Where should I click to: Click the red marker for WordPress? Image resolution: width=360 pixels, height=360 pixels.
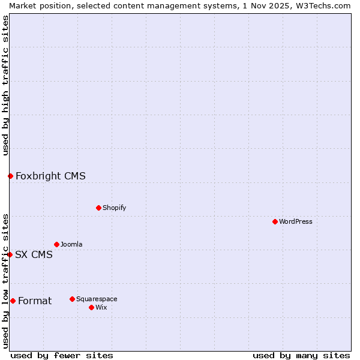pyautogui.click(x=275, y=221)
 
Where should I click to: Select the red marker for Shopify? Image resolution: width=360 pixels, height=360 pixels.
pyautogui.click(x=98, y=208)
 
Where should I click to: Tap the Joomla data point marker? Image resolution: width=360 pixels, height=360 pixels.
pyautogui.click(x=56, y=244)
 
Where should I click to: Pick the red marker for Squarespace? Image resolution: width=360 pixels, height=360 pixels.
pyautogui.click(x=72, y=299)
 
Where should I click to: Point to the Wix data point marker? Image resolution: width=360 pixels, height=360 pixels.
pyautogui.click(x=91, y=307)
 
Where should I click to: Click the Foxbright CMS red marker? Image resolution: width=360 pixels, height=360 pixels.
pyautogui.click(x=10, y=176)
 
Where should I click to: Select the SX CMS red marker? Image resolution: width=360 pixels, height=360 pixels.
pyautogui.click(x=10, y=254)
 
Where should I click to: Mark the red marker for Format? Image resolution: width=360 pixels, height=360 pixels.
pyautogui.click(x=13, y=301)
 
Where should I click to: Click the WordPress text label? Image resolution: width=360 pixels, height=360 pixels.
pyautogui.click(x=296, y=221)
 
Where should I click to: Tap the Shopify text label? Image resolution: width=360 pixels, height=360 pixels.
pyautogui.click(x=114, y=208)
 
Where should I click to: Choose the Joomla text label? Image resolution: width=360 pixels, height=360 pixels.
pyautogui.click(x=71, y=244)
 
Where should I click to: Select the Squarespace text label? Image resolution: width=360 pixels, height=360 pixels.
pyautogui.click(x=97, y=299)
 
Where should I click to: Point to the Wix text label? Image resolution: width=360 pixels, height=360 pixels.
pyautogui.click(x=101, y=307)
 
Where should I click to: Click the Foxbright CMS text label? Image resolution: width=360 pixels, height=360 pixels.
pyautogui.click(x=50, y=176)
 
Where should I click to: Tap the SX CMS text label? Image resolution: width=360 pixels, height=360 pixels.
pyautogui.click(x=34, y=254)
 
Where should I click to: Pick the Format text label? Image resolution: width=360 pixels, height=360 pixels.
pyautogui.click(x=35, y=301)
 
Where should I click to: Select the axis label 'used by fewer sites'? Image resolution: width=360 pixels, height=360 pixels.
pyautogui.click(x=62, y=355)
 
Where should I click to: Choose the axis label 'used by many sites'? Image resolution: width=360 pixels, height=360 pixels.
pyautogui.click(x=301, y=355)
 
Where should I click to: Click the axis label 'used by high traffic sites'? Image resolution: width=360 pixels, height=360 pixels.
pyautogui.click(x=5, y=85)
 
